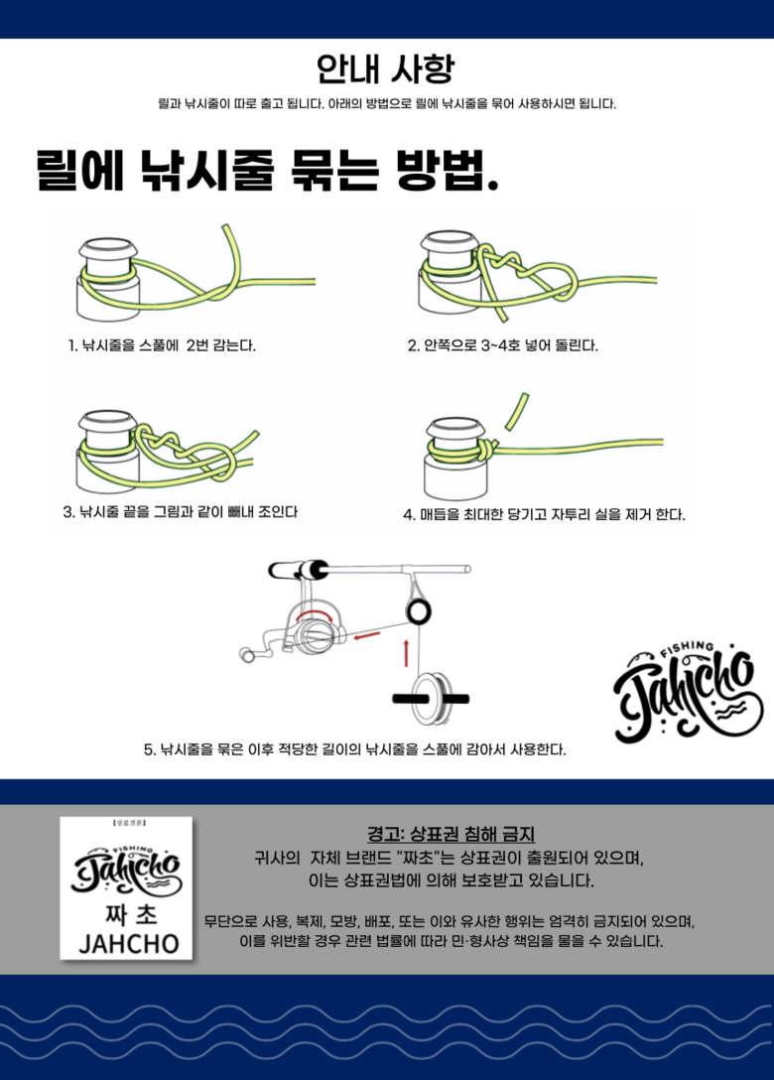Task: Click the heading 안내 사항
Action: click(x=386, y=68)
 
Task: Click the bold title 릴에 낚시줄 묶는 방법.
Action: click(x=267, y=170)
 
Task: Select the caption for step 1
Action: click(x=162, y=345)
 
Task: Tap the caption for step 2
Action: click(x=503, y=345)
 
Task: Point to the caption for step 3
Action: click(x=181, y=512)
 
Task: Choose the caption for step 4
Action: click(x=544, y=514)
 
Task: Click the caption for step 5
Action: click(x=354, y=749)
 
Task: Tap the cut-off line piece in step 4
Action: click(x=517, y=411)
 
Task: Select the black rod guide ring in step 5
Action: click(x=418, y=610)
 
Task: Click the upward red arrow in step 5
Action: click(x=406, y=652)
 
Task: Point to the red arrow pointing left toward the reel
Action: click(x=366, y=634)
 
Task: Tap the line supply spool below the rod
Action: click(x=431, y=699)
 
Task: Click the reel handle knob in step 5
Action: click(x=246, y=654)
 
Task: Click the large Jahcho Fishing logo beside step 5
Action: click(x=688, y=691)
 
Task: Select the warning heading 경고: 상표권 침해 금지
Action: click(x=451, y=834)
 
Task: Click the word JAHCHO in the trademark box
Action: click(x=129, y=944)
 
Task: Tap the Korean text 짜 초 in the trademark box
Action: click(x=128, y=914)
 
